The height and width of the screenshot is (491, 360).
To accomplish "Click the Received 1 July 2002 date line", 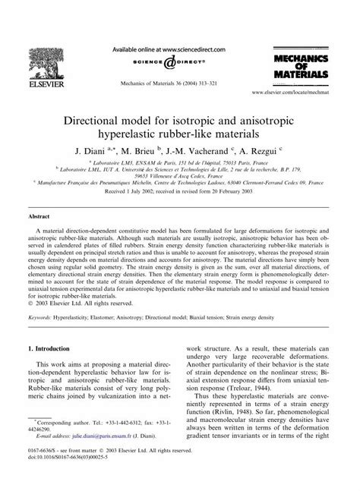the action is (179, 192).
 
